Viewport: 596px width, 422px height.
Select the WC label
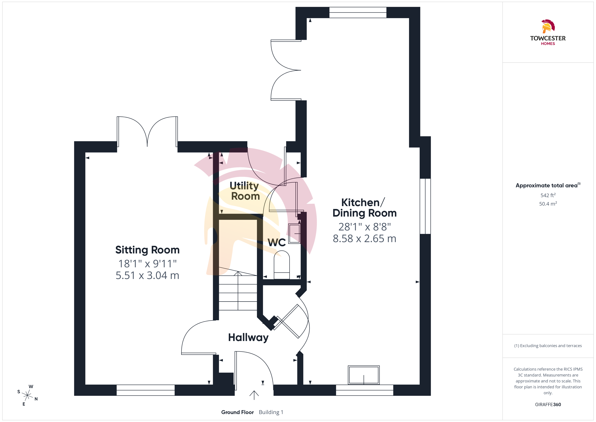277,242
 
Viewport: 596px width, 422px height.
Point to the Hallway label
248,337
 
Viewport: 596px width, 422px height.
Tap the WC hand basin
294,234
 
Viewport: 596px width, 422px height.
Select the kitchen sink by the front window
364,375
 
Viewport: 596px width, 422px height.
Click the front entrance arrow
254,395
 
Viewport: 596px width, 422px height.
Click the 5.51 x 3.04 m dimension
147,275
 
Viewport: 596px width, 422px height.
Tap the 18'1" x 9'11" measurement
147,264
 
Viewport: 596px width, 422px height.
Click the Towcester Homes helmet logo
548,26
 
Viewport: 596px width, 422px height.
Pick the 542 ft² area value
548,195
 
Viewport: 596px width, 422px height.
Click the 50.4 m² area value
548,204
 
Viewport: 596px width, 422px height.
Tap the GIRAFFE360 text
548,405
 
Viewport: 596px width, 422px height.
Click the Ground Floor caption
238,412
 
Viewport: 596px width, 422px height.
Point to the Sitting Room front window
146,390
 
